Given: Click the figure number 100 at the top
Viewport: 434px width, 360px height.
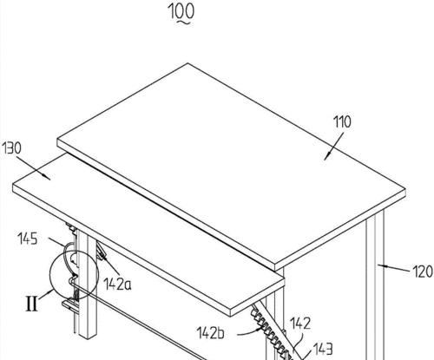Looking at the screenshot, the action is coord(181,11).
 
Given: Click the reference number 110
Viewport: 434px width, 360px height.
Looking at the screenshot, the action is coord(343,121).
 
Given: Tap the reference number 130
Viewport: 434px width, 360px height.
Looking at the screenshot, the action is coord(12,148).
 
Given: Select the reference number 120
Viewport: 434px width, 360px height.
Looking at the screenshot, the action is coord(423,272).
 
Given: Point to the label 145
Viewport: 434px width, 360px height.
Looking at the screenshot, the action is coord(28,239).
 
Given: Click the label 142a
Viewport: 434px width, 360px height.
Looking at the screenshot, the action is coord(117,284).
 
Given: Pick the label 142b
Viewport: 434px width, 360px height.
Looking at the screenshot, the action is coord(211,333).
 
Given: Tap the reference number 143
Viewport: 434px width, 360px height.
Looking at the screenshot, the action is coord(323,349).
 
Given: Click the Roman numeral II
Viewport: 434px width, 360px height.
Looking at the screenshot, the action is coord(32,304).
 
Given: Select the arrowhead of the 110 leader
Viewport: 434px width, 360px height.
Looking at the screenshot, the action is coord(327,156).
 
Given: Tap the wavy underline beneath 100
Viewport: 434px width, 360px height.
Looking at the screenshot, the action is coord(181,22).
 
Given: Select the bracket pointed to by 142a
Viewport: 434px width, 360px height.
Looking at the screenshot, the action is coord(101,251).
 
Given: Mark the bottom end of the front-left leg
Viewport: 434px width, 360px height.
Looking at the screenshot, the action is coord(88,337).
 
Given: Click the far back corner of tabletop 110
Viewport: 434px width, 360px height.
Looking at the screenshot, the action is coord(187,63).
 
